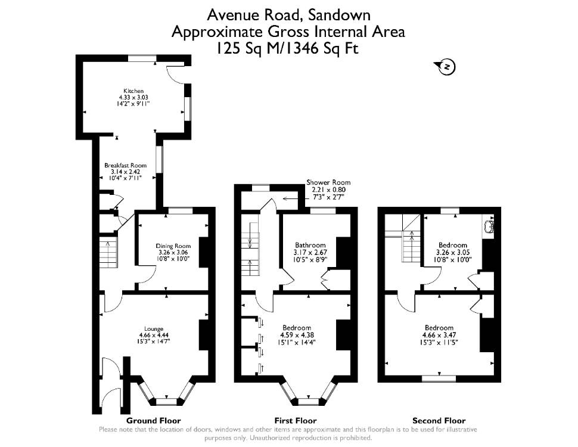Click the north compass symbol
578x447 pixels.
(445, 66)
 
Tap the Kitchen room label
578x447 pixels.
(133, 91)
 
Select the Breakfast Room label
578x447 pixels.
(125, 166)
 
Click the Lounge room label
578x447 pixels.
(154, 329)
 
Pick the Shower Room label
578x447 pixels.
(328, 182)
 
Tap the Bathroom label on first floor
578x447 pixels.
(310, 246)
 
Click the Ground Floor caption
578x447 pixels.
(153, 420)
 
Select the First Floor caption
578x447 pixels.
(296, 420)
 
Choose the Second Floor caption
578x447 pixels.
(439, 420)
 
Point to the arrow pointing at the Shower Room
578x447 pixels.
(294, 199)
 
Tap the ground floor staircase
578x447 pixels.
(108, 250)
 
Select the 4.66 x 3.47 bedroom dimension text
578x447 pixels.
(439, 335)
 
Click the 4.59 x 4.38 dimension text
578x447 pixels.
(297, 335)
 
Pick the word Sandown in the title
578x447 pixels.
(339, 15)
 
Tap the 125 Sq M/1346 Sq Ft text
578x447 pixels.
(287, 48)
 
